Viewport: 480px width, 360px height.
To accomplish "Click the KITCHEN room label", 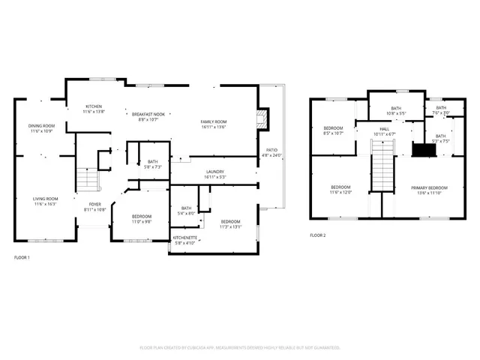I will [x=93, y=106].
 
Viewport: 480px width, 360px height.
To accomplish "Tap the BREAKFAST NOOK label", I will [x=148, y=114].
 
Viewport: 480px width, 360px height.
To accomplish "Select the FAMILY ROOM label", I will [x=214, y=121].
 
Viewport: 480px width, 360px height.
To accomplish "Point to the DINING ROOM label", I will [x=41, y=125].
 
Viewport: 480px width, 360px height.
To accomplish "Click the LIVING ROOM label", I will [x=45, y=199].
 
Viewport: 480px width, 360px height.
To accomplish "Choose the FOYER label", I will [x=95, y=203].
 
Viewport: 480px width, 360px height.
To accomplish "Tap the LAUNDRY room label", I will [x=215, y=172].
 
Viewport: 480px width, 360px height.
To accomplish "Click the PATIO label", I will [x=271, y=150].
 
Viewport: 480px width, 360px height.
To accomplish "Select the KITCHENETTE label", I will [x=184, y=238].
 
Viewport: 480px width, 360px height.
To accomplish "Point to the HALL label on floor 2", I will [x=384, y=129].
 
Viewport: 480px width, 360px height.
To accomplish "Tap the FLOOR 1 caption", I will [x=22, y=258].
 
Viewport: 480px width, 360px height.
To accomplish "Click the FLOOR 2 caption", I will [x=318, y=235].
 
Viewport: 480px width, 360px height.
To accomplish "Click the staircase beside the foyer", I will [x=87, y=179].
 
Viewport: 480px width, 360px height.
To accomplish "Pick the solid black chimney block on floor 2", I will [x=424, y=150].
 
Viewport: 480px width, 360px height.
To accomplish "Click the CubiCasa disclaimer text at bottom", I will [x=240, y=348].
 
